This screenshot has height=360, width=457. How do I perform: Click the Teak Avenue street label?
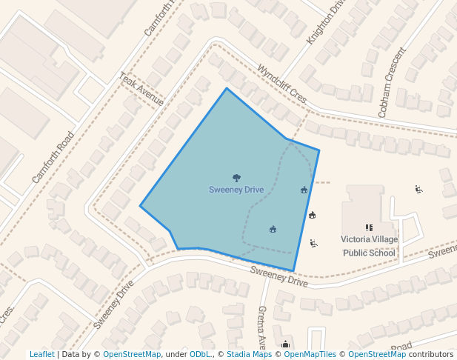[141, 90]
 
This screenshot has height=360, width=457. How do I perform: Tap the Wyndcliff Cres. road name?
[281, 84]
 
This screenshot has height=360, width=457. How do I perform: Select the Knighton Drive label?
[326, 21]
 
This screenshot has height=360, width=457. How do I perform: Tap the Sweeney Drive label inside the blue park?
[236, 190]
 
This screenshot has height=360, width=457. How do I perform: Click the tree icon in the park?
[236, 178]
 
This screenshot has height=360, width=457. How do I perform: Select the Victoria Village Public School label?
[369, 246]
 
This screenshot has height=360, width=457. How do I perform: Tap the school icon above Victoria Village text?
[369, 227]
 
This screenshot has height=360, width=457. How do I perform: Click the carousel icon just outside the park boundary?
[312, 215]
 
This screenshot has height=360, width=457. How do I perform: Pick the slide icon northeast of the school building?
[418, 189]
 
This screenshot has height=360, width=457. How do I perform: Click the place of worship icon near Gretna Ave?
[285, 344]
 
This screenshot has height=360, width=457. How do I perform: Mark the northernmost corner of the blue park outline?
[227, 89]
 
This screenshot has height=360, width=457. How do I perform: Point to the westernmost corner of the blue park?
[141, 206]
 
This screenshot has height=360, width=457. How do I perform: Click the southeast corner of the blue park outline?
[293, 271]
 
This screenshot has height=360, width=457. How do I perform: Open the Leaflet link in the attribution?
[41, 355]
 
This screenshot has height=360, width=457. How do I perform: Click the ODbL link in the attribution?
[199, 355]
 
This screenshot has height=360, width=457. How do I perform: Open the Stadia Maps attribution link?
[248, 355]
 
